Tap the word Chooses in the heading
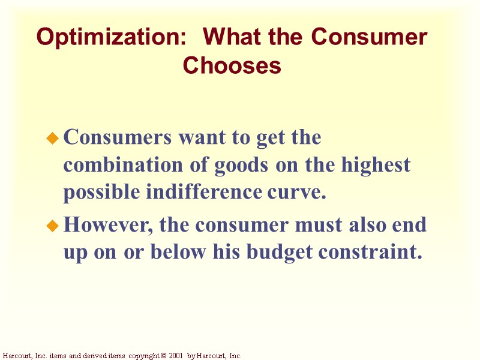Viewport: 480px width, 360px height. coord(232,65)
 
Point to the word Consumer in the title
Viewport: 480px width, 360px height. coord(369,38)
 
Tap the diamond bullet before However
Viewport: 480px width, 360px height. coord(52,227)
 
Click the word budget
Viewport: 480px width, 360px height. coord(272,253)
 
